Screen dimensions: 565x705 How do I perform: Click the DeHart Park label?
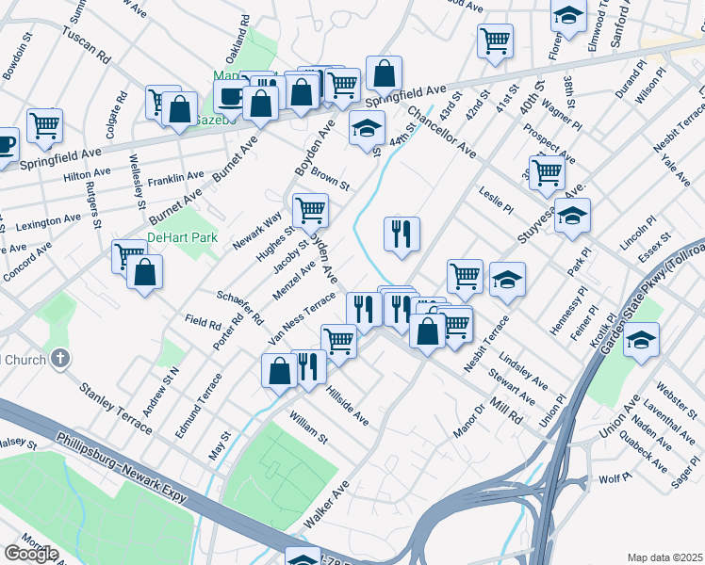[x=182, y=237]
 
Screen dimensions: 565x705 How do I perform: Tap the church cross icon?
[x=60, y=358]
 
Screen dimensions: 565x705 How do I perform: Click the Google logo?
[x=31, y=554]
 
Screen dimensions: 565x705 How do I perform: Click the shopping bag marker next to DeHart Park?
[x=145, y=272]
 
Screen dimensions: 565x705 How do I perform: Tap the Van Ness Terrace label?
[x=302, y=317]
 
